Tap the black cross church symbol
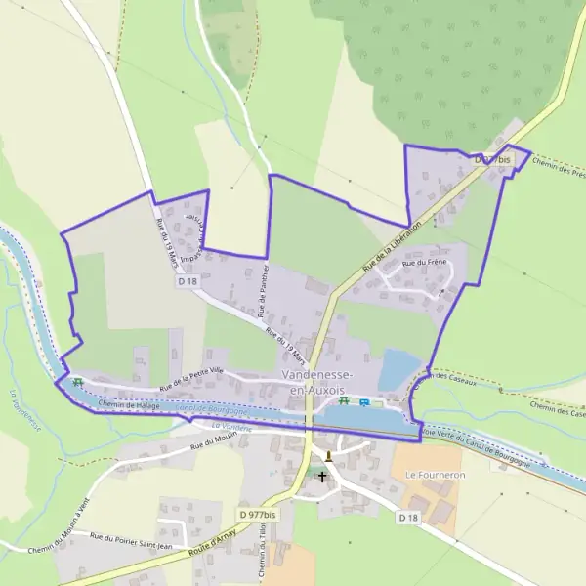(x=322, y=476)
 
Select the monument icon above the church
(x=329, y=455)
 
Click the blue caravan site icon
(x=364, y=402)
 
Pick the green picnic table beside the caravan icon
(x=344, y=401)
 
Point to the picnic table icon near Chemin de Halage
(x=76, y=382)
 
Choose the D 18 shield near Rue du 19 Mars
(x=188, y=280)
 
